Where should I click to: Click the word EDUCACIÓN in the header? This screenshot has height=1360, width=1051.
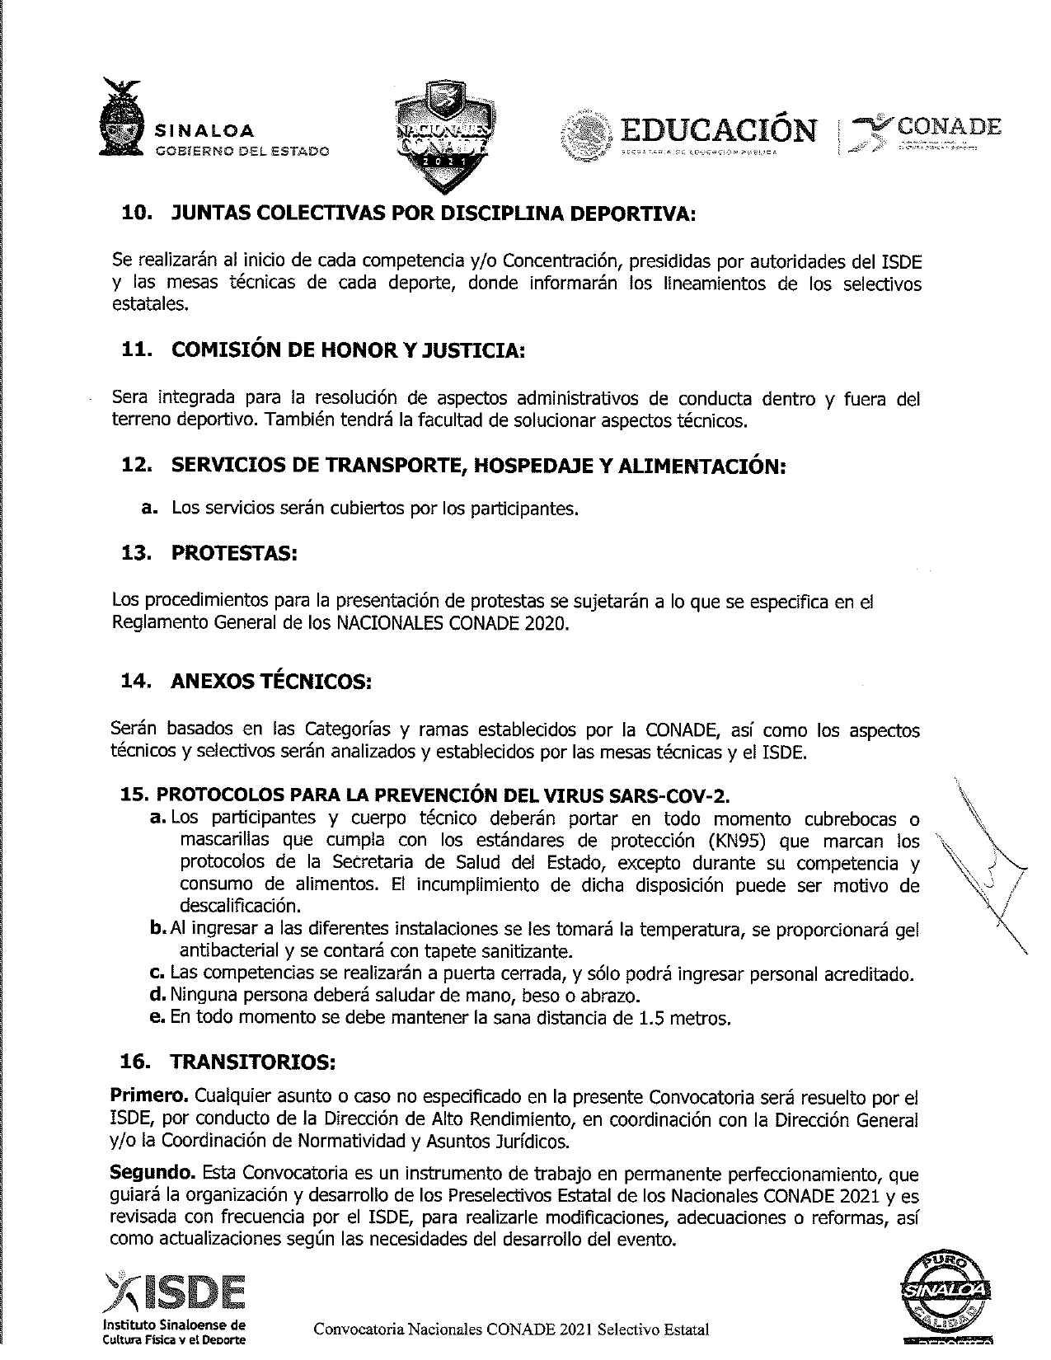click(719, 129)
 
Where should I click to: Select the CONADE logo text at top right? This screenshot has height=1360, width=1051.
click(948, 127)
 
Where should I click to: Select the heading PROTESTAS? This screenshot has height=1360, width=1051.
click(234, 553)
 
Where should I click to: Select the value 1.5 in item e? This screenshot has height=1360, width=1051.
click(651, 1018)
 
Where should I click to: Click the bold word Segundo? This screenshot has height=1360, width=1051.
click(153, 1173)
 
